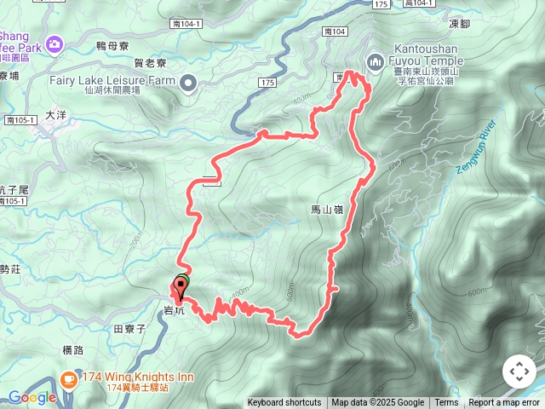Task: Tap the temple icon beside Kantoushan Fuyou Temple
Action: pos(375,61)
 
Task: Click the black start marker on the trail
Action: pos(181,286)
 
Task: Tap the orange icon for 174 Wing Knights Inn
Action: pos(70,379)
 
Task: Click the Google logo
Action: pos(32,397)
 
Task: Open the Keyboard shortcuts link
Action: pos(284,403)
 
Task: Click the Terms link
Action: pos(446,403)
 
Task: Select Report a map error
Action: pos(504,403)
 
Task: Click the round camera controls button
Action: pos(519,372)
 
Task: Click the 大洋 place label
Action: pos(55,113)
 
